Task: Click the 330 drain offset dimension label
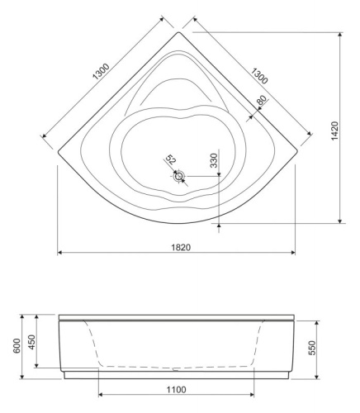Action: pyautogui.click(x=214, y=159)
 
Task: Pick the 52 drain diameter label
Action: pyautogui.click(x=171, y=160)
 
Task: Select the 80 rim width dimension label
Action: pyautogui.click(x=261, y=101)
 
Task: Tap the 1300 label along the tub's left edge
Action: pyautogui.click(x=100, y=73)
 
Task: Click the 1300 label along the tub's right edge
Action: pyautogui.click(x=258, y=74)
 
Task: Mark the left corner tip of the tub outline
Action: pyautogui.click(x=58, y=152)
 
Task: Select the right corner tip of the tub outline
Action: pyautogui.click(x=298, y=152)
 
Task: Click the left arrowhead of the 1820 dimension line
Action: pyautogui.click(x=60, y=254)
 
